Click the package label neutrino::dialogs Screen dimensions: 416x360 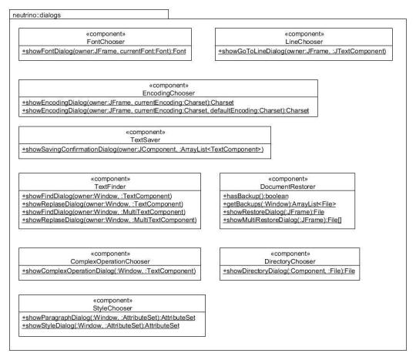37,15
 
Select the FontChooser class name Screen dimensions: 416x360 106,42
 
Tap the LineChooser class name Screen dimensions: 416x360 304,42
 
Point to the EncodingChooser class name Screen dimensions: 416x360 169,93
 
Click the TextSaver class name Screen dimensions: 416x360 145,140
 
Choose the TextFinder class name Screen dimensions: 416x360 110,187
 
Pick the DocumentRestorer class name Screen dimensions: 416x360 287,187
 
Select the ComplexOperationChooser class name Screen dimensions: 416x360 110,261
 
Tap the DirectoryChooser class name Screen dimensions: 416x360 290,261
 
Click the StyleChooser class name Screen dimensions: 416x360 112,308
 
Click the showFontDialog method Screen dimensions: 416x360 104,51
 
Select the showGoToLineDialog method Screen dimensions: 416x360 302,51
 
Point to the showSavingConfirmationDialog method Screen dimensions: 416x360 143,150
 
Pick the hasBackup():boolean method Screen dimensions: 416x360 256,197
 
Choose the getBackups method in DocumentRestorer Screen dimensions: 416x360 280,204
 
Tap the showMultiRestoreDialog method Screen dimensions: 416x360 282,220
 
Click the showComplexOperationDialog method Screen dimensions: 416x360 109,271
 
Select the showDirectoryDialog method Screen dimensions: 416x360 289,271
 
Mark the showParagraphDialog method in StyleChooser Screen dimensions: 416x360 109,318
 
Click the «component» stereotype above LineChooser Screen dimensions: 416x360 304,34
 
